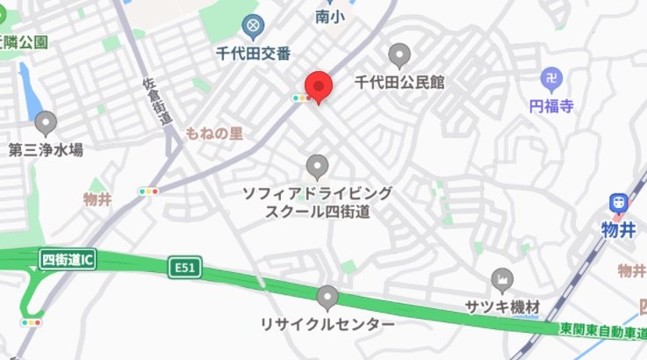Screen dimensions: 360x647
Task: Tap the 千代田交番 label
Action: click(254, 54)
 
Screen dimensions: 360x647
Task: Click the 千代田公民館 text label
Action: click(399, 83)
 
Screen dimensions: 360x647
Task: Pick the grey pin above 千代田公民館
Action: click(400, 55)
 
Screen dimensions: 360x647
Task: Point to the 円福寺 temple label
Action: click(551, 106)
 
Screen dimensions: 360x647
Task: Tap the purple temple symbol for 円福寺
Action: click(551, 79)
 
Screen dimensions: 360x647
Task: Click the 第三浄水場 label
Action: click(46, 150)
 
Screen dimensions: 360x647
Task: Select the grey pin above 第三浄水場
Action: click(45, 123)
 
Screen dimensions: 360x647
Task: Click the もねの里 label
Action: click(214, 133)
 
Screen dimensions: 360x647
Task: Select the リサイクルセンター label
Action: click(327, 325)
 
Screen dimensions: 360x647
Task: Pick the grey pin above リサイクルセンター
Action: click(328, 298)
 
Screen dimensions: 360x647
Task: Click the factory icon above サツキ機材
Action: click(502, 280)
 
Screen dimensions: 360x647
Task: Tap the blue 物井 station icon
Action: click(620, 203)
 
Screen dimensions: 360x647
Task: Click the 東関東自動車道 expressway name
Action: click(603, 331)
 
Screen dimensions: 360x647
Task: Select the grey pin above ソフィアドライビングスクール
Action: click(317, 165)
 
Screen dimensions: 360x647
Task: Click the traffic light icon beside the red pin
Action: click(300, 98)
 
